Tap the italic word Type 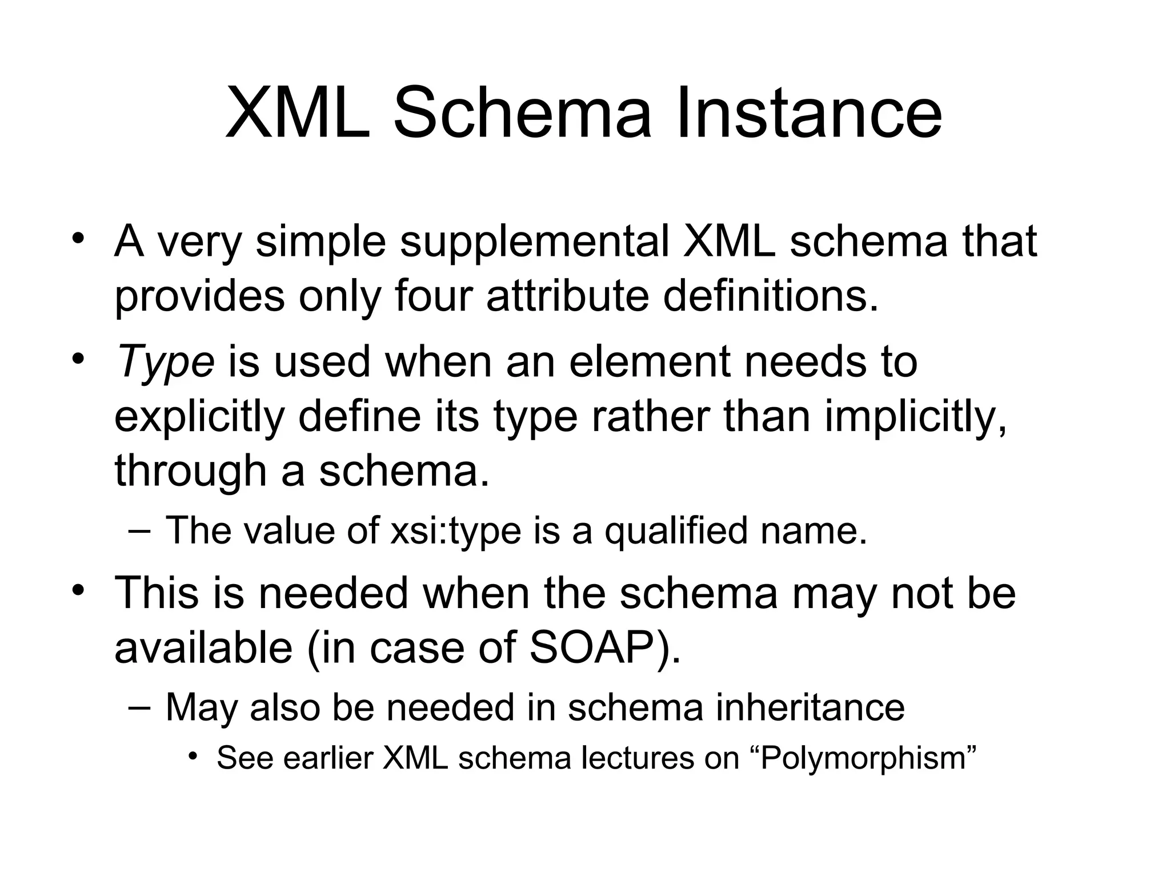click(165, 363)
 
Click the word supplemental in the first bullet click(534, 242)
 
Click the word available click(203, 648)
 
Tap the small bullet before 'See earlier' click(194, 757)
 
